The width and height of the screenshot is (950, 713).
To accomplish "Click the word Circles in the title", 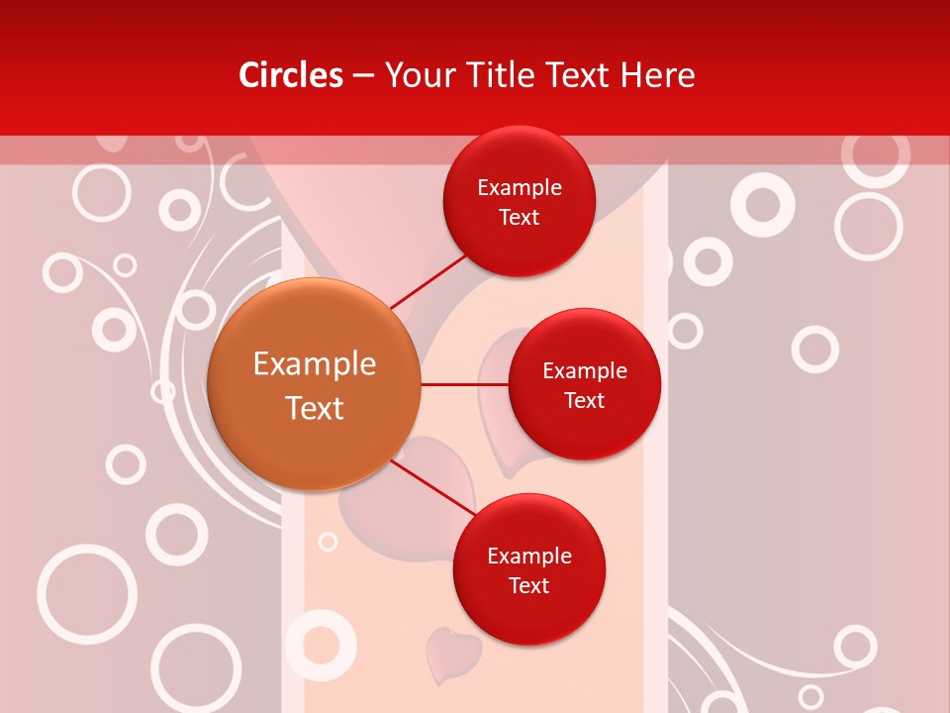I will (291, 75).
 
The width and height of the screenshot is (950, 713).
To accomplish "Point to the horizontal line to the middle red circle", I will (464, 384).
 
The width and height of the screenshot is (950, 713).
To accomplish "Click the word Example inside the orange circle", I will (315, 364).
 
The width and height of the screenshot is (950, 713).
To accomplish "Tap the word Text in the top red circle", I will (519, 218).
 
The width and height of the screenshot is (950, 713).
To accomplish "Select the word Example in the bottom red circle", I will (529, 556).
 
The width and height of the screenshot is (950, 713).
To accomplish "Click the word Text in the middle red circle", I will (584, 400).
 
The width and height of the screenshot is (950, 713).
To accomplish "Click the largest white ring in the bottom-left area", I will (87, 593).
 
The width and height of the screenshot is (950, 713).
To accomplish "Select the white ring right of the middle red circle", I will (815, 350).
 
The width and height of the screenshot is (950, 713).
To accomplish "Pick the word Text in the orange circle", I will (315, 408).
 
